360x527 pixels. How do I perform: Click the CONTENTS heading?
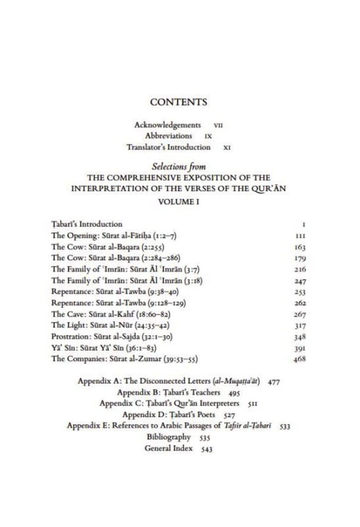[x=179, y=102]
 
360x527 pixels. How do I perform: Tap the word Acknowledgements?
[x=167, y=125]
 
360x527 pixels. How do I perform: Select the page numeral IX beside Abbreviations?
[x=208, y=137]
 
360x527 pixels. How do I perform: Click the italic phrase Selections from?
[x=179, y=166]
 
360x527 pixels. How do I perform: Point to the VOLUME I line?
[x=179, y=202]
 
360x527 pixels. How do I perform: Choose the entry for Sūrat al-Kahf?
[x=111, y=314]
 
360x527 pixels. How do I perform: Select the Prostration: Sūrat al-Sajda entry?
[x=112, y=337]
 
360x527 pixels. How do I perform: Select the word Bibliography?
[x=168, y=437]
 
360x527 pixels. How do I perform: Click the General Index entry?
[x=168, y=448]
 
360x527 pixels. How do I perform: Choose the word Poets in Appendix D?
[x=206, y=415]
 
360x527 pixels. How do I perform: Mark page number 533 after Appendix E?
[x=284, y=426]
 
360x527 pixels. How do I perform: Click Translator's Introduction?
[x=168, y=147]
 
